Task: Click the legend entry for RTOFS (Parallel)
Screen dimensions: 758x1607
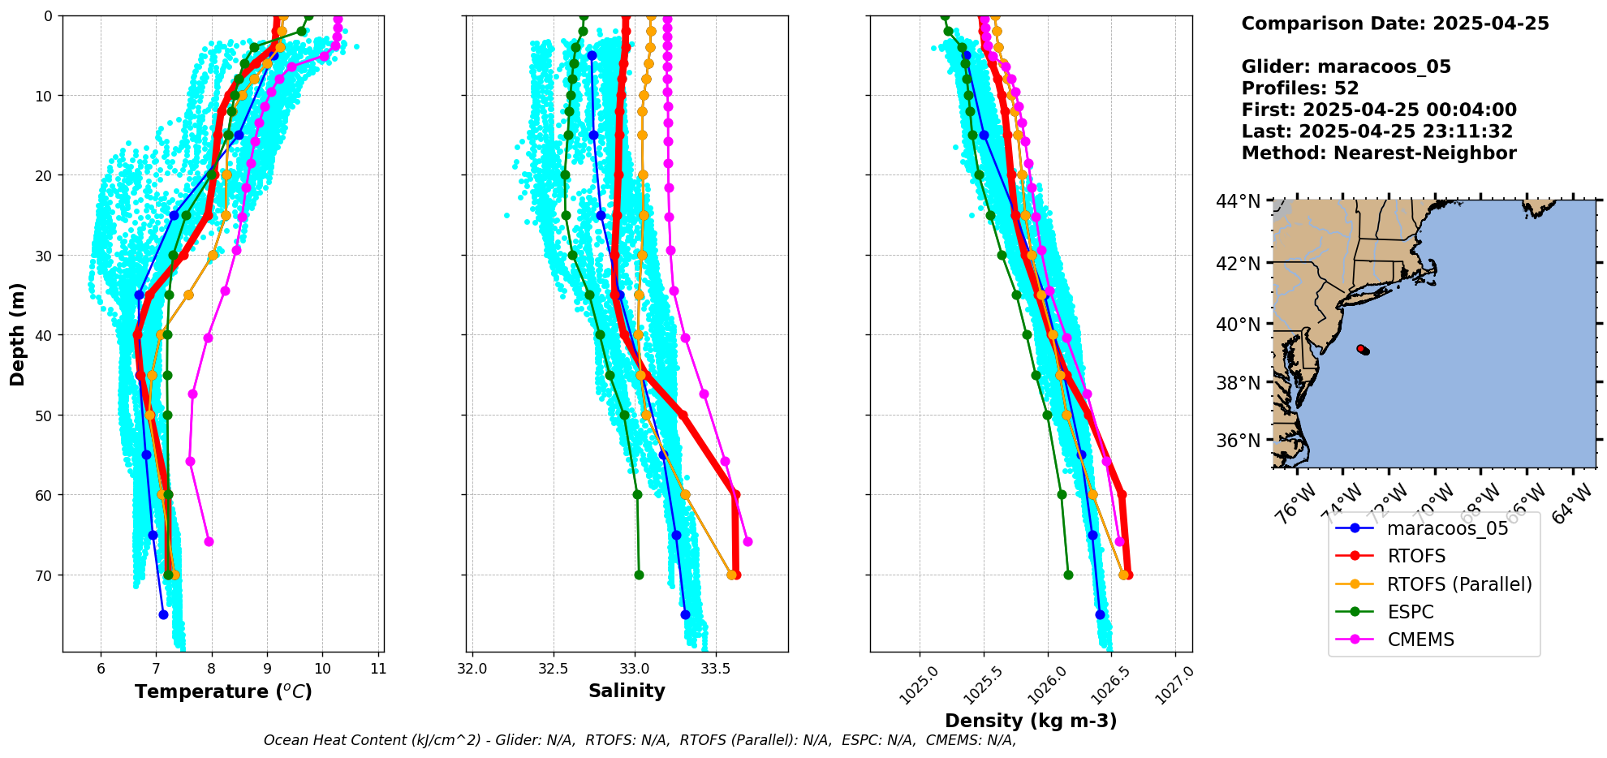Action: click(x=1458, y=584)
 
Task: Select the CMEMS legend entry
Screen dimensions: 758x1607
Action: click(x=1420, y=640)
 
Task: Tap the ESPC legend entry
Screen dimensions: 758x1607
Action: click(x=1410, y=612)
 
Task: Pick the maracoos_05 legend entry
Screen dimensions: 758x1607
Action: click(x=1447, y=529)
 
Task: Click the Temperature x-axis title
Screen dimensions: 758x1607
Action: click(x=223, y=691)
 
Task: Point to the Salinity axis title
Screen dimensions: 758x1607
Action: click(x=627, y=691)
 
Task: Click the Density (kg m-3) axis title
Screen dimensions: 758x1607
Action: click(x=1031, y=721)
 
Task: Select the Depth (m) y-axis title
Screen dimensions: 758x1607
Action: click(x=18, y=334)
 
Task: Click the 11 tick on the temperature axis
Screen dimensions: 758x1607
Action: click(x=378, y=670)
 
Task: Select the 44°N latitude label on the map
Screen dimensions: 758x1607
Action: click(x=1238, y=200)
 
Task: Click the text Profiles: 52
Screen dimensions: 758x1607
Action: click(x=1300, y=88)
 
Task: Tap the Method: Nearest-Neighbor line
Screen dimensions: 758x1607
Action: click(x=1379, y=153)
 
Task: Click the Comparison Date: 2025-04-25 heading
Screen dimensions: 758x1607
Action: click(x=1395, y=24)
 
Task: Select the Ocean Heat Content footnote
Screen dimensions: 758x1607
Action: click(x=640, y=740)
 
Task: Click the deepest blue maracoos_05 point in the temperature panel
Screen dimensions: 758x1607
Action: click(x=163, y=614)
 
